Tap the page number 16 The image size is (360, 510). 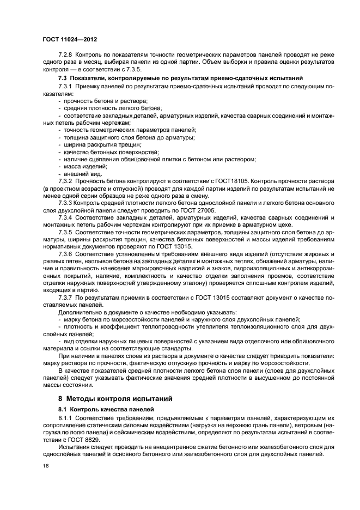coord(45,466)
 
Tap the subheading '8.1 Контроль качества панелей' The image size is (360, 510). coord(102,409)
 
